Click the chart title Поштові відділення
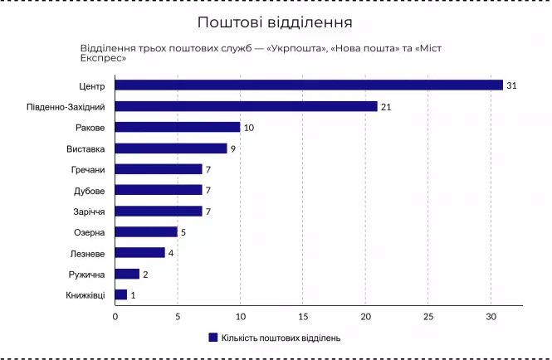pos(275,21)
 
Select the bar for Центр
pos(309,85)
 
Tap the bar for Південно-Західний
pos(246,106)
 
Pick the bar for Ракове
pos(178,127)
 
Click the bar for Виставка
pos(171,148)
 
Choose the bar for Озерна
pos(146,232)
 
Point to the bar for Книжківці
pos(121,294)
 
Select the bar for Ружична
pos(127,274)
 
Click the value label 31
pos(511,85)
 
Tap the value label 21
pos(386,106)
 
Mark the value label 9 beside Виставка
pos(233,148)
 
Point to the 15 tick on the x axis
pos(303,316)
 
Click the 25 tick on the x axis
pos(428,316)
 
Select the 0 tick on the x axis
pos(115,316)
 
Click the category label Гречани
pos(88,169)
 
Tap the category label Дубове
pos(89,190)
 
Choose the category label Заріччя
pos(87,212)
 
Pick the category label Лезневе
pos(87,253)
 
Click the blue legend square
pos(212,338)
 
